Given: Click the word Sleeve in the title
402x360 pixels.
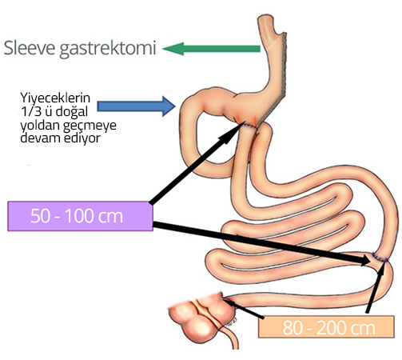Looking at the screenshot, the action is pyautogui.click(x=30, y=48).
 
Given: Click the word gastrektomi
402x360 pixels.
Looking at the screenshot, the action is pyautogui.click(x=107, y=49).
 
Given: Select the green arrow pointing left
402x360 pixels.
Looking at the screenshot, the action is pyautogui.click(x=211, y=49).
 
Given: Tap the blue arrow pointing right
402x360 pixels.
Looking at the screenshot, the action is pyautogui.click(x=136, y=106).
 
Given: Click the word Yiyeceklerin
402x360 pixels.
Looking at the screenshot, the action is pyautogui.click(x=55, y=98).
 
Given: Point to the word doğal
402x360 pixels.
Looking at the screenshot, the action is pyautogui.click(x=71, y=111).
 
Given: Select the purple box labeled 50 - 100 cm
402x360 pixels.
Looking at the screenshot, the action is pyautogui.click(x=80, y=216).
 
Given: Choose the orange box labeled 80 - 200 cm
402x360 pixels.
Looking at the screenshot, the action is pyautogui.click(x=326, y=326).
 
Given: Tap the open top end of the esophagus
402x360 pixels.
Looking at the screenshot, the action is pyautogui.click(x=265, y=18).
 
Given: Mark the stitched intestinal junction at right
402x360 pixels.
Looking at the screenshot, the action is pyautogui.click(x=380, y=258).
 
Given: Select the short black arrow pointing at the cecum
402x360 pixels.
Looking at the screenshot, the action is pyautogui.click(x=244, y=309).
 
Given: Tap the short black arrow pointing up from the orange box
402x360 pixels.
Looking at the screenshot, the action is pyautogui.click(x=376, y=287).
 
